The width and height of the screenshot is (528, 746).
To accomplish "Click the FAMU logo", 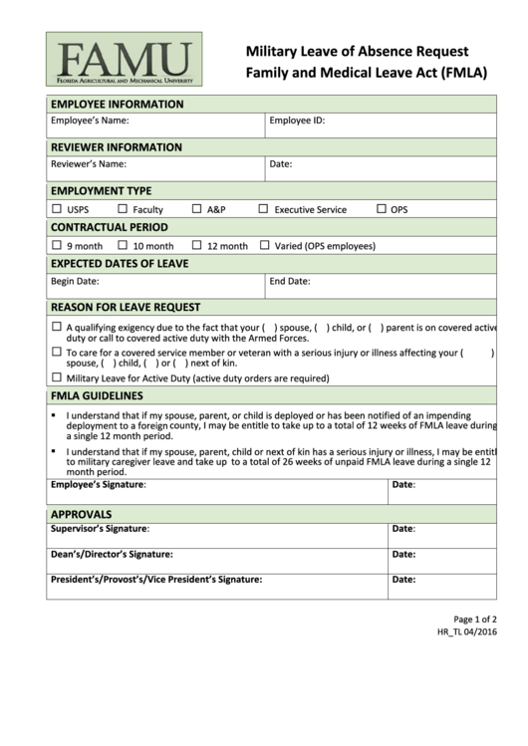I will click(x=124, y=59).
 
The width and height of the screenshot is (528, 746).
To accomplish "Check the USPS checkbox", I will click(x=56, y=209).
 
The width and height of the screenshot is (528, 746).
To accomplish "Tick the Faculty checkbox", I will click(x=123, y=209).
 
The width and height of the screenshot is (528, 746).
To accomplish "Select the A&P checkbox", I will click(x=197, y=209).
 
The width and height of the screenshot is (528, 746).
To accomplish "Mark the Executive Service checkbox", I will click(x=264, y=209).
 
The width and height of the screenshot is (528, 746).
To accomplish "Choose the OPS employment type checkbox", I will click(x=382, y=209).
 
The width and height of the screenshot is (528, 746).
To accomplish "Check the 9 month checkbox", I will click(x=56, y=245).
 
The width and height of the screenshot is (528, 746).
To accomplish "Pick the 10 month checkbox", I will click(x=123, y=245).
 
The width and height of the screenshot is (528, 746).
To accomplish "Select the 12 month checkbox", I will click(x=197, y=245).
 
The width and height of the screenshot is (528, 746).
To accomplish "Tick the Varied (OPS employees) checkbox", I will click(x=264, y=245).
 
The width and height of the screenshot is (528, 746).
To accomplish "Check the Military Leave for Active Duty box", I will click(x=56, y=377).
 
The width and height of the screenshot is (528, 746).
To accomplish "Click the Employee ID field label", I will click(x=297, y=121).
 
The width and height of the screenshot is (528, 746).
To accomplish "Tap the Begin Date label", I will click(x=75, y=282).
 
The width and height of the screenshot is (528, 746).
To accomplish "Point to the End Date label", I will click(x=290, y=282).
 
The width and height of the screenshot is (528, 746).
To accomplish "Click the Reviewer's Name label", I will click(x=89, y=163).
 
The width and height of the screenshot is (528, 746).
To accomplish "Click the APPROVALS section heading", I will click(x=81, y=514).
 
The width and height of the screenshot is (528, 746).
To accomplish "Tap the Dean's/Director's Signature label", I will click(x=112, y=555).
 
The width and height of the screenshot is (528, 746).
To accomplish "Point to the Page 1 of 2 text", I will click(x=475, y=619).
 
